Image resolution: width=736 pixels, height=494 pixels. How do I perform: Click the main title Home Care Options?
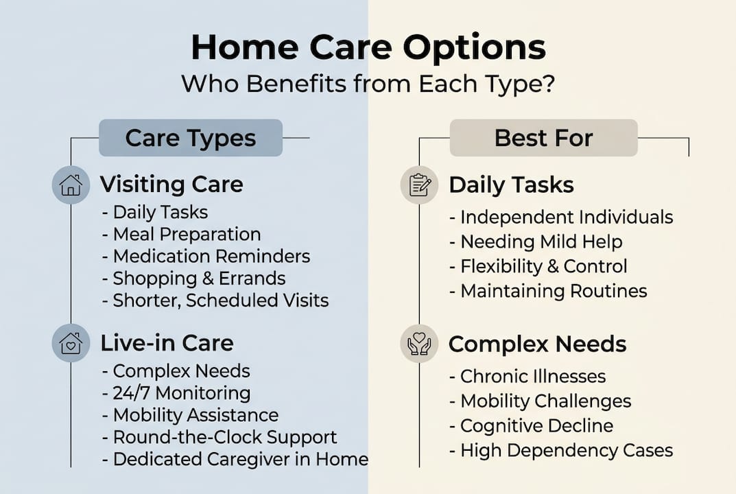click(x=368, y=48)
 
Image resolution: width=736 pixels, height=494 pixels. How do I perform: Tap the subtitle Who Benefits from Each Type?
click(x=368, y=85)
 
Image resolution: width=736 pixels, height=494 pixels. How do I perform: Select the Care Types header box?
click(x=191, y=138)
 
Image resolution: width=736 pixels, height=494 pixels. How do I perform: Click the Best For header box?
click(x=543, y=138)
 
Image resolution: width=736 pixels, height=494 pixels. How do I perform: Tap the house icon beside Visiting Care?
click(x=71, y=185)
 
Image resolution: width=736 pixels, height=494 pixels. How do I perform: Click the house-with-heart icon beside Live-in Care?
click(x=71, y=344)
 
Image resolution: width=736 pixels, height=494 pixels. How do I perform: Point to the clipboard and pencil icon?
click(x=419, y=185)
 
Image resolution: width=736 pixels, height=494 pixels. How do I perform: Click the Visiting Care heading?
click(x=171, y=185)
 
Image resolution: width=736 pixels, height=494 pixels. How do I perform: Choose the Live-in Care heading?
click(x=167, y=343)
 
